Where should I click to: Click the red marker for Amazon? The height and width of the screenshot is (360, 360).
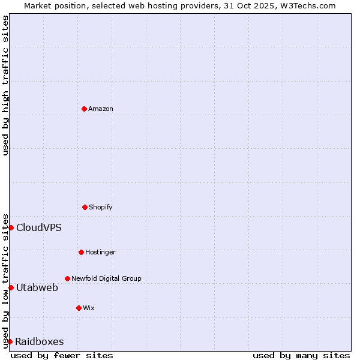84,109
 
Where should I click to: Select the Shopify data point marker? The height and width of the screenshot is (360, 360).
85,207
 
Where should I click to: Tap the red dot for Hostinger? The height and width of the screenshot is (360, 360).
81,252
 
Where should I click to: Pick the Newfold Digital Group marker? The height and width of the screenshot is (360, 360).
67,278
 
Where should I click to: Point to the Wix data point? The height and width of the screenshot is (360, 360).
79,308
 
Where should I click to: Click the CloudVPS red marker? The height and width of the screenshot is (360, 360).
11,227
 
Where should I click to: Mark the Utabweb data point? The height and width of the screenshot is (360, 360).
11,287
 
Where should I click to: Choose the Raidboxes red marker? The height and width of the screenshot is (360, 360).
10,341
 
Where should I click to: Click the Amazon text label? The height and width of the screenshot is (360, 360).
101,109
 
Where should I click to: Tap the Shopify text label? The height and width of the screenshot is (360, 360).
100,207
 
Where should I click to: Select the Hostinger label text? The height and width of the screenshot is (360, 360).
100,252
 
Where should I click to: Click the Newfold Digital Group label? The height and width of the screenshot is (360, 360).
106,278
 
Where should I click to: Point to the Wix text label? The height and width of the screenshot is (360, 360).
89,308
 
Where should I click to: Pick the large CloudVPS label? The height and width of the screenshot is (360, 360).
39,227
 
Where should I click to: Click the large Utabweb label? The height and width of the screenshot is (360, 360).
37,287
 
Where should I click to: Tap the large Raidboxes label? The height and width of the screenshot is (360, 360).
40,341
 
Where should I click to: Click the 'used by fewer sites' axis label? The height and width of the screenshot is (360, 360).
62,355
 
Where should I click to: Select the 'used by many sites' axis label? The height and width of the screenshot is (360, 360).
301,355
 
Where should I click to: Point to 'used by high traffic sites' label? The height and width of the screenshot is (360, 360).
5,85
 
